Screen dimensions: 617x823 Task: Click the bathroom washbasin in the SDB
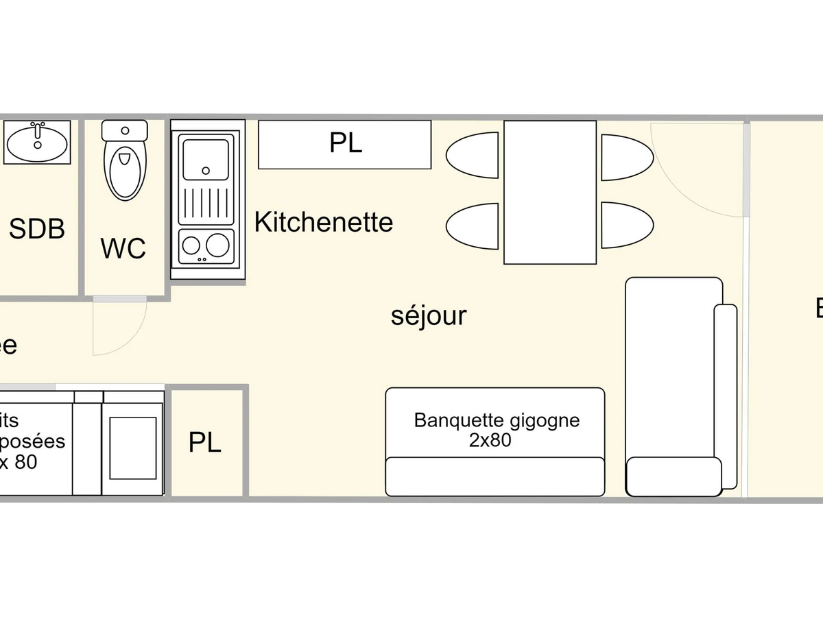tap(37, 143)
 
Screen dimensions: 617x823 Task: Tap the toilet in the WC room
tap(125, 161)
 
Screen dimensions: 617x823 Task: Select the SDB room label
tap(37, 228)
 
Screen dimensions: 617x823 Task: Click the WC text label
tap(123, 248)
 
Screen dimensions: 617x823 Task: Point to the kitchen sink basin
tap(206, 160)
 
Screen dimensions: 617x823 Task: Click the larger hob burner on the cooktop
tap(218, 244)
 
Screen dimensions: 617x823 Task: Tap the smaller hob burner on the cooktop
tap(191, 245)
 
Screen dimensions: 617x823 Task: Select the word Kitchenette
tap(324, 222)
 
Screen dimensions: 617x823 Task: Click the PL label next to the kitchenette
tap(345, 143)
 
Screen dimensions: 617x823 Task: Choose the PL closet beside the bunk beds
tap(205, 443)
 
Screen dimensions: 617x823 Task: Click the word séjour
tap(429, 316)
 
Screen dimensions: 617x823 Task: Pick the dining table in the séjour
tap(550, 192)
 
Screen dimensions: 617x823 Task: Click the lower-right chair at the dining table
tap(627, 225)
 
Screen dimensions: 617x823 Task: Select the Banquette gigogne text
tap(497, 420)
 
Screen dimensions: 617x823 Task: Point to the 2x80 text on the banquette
tap(490, 441)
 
